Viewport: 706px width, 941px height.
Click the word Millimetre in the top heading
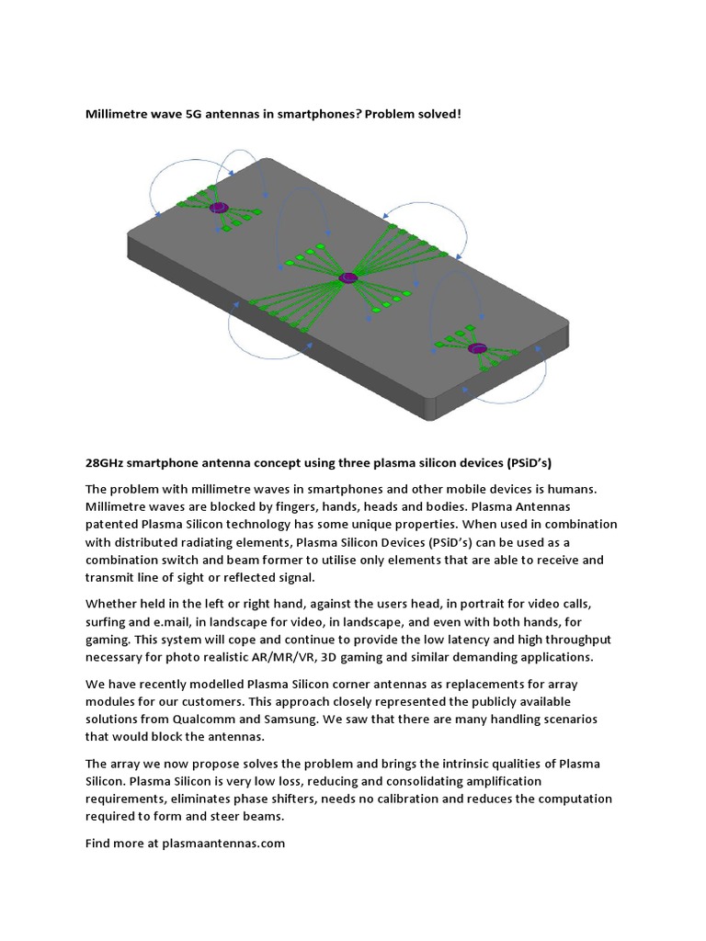click(x=120, y=115)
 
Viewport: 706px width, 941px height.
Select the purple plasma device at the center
click(x=347, y=278)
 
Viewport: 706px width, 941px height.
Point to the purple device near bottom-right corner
click(x=476, y=348)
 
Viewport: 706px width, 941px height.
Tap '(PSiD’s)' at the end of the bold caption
click(x=525, y=464)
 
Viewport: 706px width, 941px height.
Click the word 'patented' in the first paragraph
click(x=114, y=524)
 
